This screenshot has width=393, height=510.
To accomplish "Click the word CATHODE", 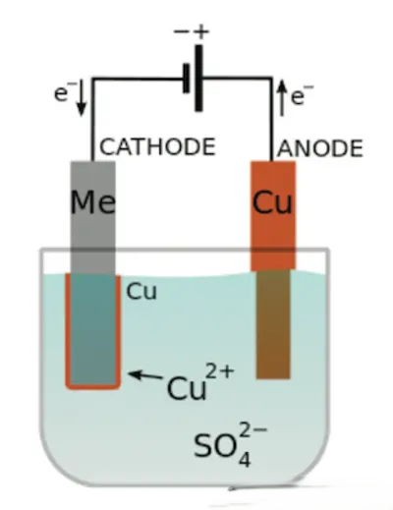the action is tap(157, 146).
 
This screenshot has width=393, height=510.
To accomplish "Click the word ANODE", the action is tap(320, 148).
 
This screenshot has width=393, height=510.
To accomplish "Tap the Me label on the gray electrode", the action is tap(93, 201).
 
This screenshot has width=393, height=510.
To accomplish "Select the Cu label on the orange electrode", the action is tap(272, 201).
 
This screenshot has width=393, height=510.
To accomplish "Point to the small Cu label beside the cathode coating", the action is tap(141, 291).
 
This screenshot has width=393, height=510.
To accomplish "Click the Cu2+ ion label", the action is tap(200, 381).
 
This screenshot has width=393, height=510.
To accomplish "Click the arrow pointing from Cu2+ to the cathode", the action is tap(145, 375).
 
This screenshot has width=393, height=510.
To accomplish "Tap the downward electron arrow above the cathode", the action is tap(82, 99).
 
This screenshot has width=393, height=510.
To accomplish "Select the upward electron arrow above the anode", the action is tap(282, 99).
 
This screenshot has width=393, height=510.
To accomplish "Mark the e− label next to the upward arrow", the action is tap(302, 95).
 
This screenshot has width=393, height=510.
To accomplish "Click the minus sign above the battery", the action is tap(182, 31).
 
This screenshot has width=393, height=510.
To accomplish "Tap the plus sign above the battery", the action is tap(200, 31).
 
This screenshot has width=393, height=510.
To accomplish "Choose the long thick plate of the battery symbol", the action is tap(198, 79).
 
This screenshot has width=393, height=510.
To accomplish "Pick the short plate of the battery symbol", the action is tap(187, 79).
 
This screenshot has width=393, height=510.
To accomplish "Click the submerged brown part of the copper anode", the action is tap(273, 324).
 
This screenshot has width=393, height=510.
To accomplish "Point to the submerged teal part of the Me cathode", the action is tap(93, 329).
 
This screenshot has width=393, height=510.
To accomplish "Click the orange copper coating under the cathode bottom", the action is tap(93, 387).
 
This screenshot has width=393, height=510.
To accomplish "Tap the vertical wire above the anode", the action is tap(271, 120).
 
